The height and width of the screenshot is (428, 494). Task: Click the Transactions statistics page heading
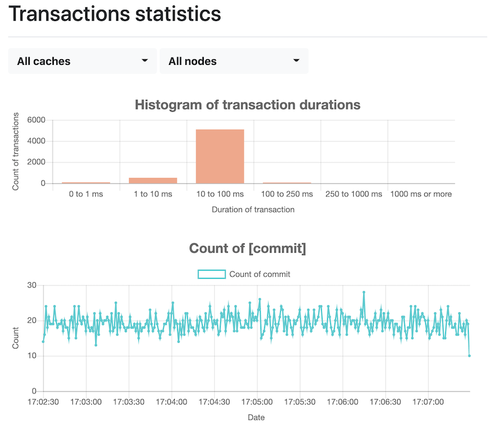click(115, 14)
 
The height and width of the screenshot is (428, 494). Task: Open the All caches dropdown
click(82, 61)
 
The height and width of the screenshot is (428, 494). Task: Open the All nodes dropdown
click(233, 61)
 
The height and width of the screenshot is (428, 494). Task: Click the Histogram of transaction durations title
click(247, 104)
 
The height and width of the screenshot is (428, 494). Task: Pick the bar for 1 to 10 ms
click(153, 180)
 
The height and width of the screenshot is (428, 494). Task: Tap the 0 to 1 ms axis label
click(86, 194)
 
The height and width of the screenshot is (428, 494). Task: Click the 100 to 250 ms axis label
click(287, 194)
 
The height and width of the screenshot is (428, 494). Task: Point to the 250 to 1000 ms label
click(354, 194)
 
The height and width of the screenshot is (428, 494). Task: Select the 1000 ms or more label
click(421, 194)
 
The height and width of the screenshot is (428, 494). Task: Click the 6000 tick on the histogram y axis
click(37, 120)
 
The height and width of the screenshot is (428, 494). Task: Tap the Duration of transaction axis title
click(253, 209)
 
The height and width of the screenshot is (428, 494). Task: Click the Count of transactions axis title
click(16, 151)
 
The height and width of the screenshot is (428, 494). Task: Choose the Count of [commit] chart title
click(247, 249)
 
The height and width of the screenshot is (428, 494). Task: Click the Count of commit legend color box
click(211, 274)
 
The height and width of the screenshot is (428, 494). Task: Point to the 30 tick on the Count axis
click(33, 285)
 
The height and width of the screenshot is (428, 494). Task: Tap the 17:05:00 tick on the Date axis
click(257, 401)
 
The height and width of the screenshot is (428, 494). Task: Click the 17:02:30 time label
click(44, 401)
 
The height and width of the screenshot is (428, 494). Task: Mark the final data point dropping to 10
click(469, 356)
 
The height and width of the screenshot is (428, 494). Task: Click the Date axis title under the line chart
click(256, 418)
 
